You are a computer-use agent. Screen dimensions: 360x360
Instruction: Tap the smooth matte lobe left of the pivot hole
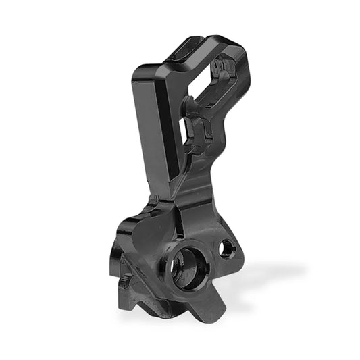145,236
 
